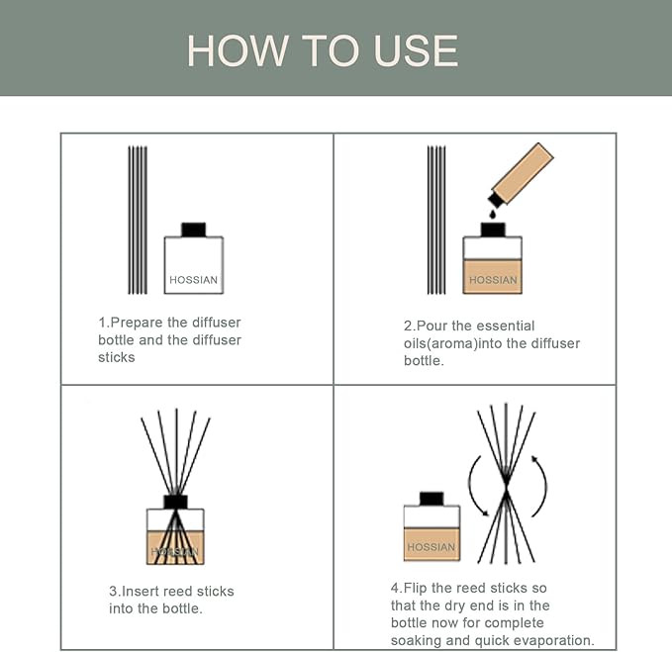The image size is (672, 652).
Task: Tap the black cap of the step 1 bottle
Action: pos(193,230)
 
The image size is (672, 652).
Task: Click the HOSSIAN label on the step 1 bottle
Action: pos(193,280)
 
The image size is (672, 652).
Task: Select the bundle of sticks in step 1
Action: pos(138,220)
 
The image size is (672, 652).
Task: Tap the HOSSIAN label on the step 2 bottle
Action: pos(493,280)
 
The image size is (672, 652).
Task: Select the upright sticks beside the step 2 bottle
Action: pos(436,220)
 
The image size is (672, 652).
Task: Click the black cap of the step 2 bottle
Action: pos(493,230)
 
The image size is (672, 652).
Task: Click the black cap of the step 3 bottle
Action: pos(175,501)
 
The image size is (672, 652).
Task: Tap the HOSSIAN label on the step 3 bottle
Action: pos(175,551)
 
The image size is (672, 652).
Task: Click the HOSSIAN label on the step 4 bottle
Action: pos(431,547)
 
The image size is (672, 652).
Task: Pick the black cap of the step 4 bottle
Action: pos(431,498)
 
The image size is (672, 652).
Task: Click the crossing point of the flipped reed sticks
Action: pos(506,488)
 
